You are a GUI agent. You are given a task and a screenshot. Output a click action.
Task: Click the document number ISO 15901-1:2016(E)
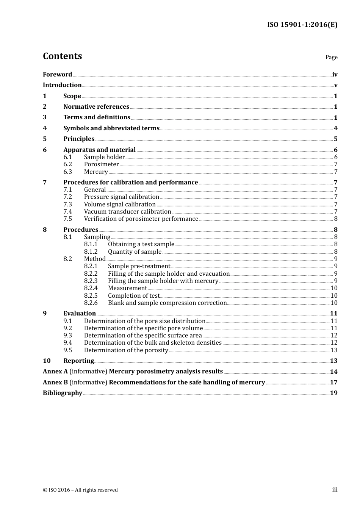click(x=302, y=25)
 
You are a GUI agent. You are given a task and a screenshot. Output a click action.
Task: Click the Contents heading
click(x=62, y=56)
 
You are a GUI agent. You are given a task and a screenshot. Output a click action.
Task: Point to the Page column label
click(x=331, y=57)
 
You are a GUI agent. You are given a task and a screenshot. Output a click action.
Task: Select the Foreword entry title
click(x=57, y=75)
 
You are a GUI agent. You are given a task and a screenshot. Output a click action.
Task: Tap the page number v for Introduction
click(x=335, y=85)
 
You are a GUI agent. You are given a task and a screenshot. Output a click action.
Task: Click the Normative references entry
click(x=96, y=107)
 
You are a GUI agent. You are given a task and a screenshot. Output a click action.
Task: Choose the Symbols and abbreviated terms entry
click(x=111, y=128)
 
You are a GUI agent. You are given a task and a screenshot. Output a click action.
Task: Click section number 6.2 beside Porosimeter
click(x=67, y=164)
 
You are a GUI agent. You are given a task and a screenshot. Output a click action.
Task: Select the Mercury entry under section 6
click(x=96, y=172)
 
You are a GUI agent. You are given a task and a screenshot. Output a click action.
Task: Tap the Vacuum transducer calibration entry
click(x=127, y=212)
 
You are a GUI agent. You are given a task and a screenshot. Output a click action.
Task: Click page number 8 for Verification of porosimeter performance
click(x=335, y=219)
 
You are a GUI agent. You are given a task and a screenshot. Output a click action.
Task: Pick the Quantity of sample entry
click(x=135, y=252)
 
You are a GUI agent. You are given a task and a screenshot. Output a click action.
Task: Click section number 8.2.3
click(x=91, y=281)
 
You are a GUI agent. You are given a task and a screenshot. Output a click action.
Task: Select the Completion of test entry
click(x=134, y=296)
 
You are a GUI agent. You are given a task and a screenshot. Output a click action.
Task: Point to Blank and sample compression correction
click(x=167, y=303)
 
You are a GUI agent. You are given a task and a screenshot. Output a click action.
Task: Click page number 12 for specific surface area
click(x=334, y=336)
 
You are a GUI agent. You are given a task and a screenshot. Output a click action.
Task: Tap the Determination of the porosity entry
click(x=126, y=350)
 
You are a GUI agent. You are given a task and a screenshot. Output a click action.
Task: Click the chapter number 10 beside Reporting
click(x=47, y=361)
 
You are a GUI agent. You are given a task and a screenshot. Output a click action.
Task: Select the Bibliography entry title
click(x=63, y=393)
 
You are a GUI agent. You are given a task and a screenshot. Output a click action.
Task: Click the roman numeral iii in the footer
click(x=335, y=490)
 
